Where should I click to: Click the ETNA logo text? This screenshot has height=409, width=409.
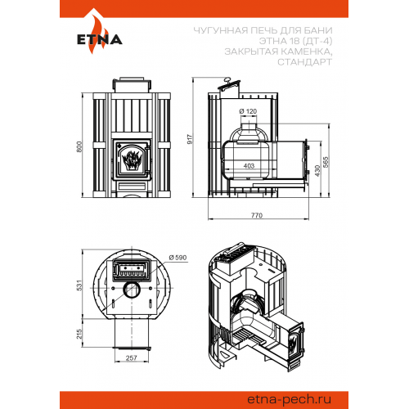tap(100, 39)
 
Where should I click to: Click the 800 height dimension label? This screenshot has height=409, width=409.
tap(79, 146)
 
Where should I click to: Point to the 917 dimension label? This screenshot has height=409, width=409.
tap(190, 139)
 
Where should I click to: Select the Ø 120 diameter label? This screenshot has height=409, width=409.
tap(248, 111)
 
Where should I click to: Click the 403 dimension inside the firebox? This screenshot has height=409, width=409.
tap(249, 166)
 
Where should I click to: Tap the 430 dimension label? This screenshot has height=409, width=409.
tap(317, 171)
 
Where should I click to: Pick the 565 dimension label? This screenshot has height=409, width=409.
tap(326, 162)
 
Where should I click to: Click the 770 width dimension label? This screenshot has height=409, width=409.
tap(257, 215)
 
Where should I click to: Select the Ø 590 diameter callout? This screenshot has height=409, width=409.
tap(178, 258)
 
